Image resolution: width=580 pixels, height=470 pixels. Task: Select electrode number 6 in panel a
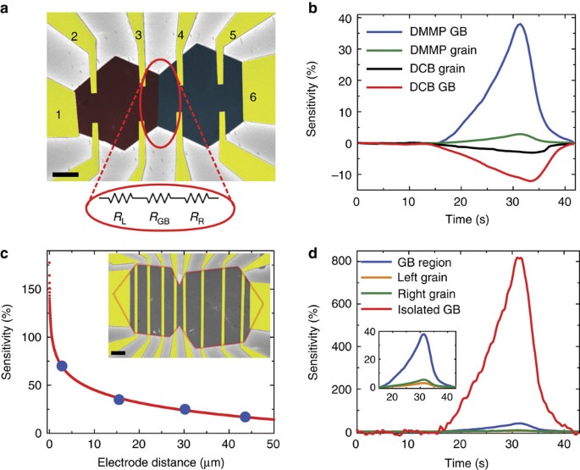pyautogui.click(x=252, y=97)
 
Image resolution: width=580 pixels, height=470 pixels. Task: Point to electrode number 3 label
pyautogui.click(x=139, y=34)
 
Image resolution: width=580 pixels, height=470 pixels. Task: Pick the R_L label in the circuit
pyautogui.click(x=118, y=218)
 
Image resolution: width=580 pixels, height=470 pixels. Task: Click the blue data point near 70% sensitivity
pyautogui.click(x=62, y=366)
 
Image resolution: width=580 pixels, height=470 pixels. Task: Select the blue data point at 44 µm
pyautogui.click(x=246, y=417)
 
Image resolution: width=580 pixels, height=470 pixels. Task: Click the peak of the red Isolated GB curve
pyautogui.click(x=520, y=258)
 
